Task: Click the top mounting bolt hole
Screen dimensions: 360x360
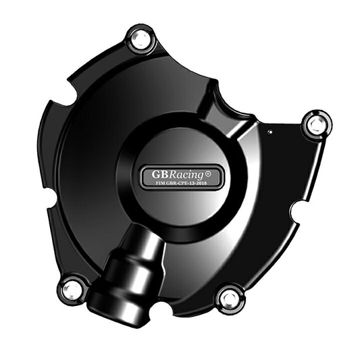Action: point(141,39)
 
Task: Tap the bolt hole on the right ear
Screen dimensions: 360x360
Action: point(316,124)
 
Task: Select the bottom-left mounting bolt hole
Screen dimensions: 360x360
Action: point(72,288)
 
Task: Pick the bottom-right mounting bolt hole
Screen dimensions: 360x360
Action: point(230,297)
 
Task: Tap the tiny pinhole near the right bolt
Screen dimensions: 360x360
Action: point(271,132)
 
